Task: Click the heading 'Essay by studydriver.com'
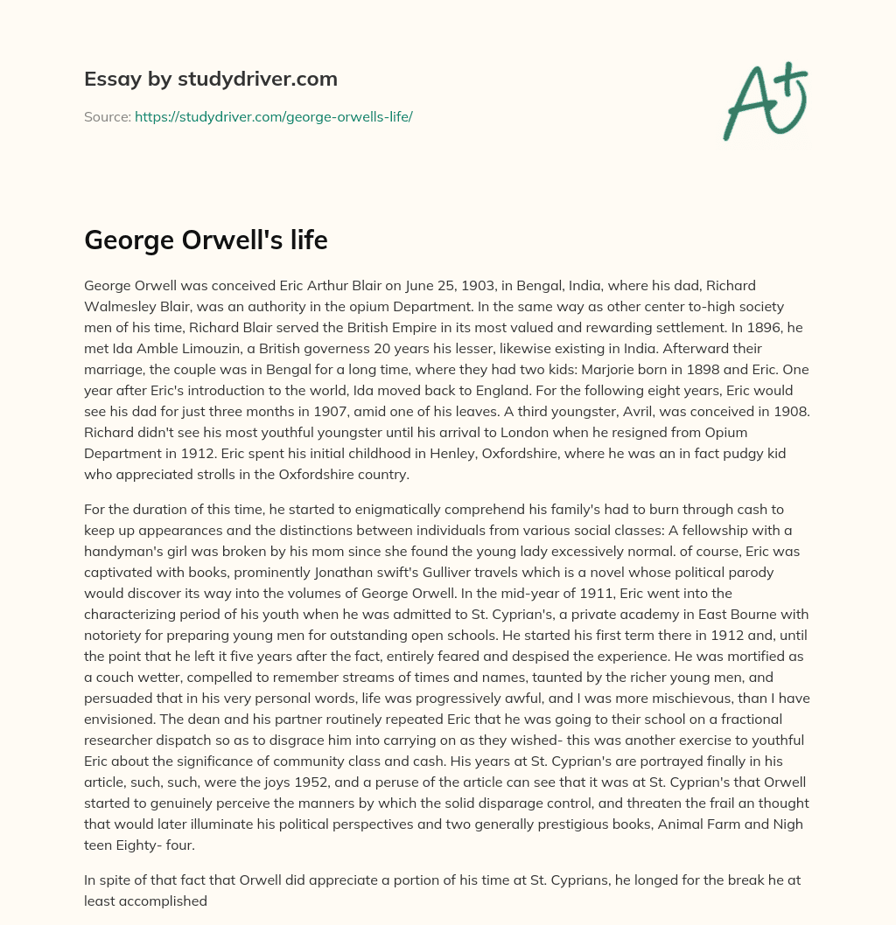[210, 79]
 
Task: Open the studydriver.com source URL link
[273, 116]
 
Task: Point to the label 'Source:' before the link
[107, 116]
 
